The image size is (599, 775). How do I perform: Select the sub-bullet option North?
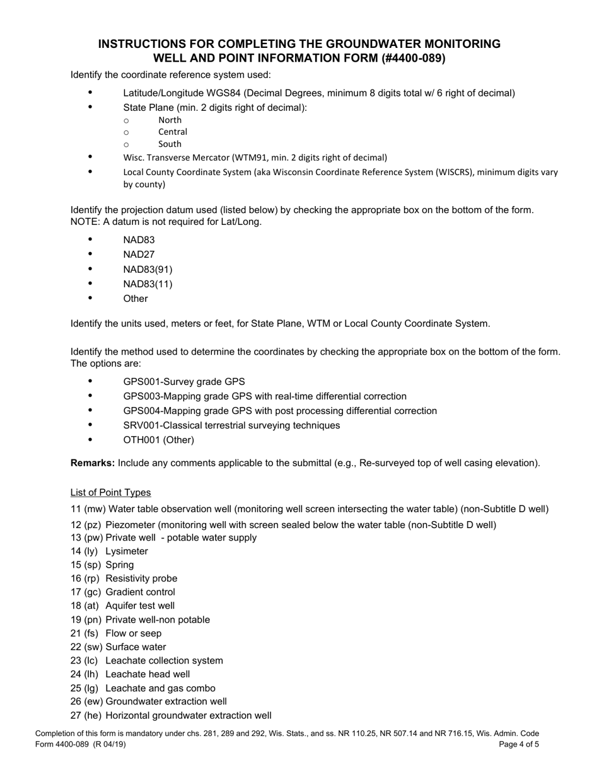[x=170, y=120]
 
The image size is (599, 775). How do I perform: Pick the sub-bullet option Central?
[x=172, y=132]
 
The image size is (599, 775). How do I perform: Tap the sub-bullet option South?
[x=170, y=144]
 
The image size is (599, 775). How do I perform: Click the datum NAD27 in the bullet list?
[x=139, y=255]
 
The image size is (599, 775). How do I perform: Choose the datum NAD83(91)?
[x=148, y=269]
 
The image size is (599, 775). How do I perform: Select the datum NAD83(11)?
[x=148, y=284]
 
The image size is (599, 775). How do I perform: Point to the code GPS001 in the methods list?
[x=141, y=382]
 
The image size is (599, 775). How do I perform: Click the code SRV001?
[x=140, y=425]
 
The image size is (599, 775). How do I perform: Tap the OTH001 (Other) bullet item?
[x=158, y=440]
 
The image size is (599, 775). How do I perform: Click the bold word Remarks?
[x=93, y=463]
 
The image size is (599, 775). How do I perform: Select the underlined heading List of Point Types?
[x=110, y=493]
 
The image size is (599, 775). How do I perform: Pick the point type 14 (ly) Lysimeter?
[x=109, y=551]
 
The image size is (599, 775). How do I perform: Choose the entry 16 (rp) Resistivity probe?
[x=124, y=578]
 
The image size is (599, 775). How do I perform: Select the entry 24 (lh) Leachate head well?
[x=130, y=674]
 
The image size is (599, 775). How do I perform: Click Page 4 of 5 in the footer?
[x=518, y=744]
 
